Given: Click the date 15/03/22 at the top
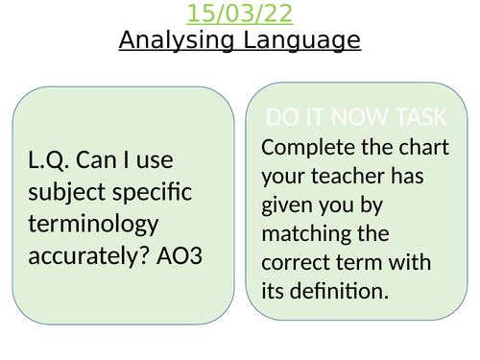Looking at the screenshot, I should pos(240,14).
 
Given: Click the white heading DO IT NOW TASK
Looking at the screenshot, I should pos(356,118).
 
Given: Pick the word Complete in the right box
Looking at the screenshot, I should pos(305,147).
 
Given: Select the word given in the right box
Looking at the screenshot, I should pos(288,204).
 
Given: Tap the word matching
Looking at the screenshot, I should pos(304,232).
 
